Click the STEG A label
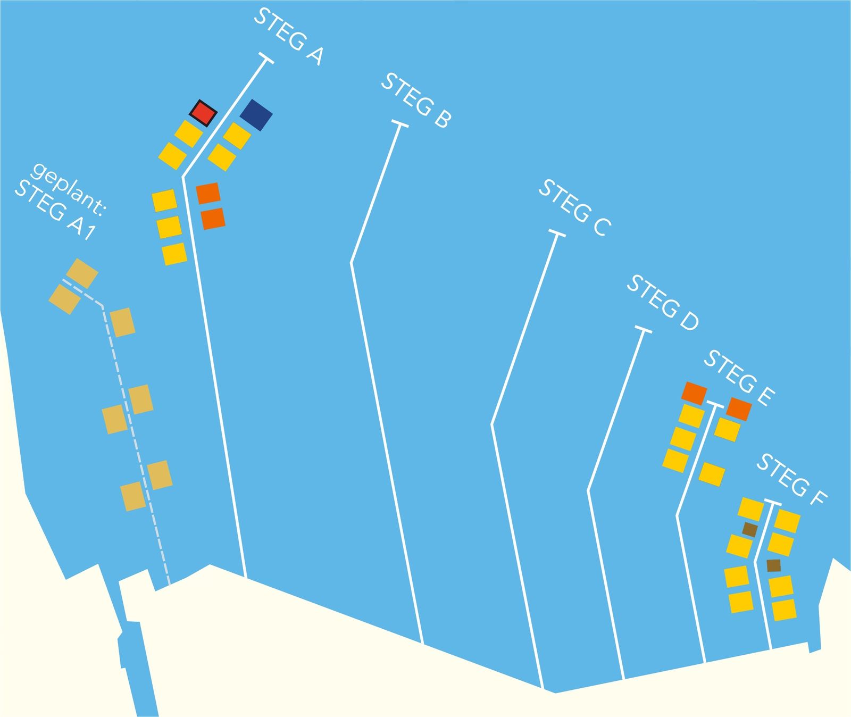pos(288,36)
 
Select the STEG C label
pos(574,208)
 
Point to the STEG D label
pos(663,303)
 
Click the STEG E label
pos(739,379)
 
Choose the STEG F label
pos(792,479)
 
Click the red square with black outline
pos(204,113)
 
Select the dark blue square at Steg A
pos(256,115)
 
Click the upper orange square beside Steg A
pos(208,193)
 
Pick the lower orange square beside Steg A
pos(213,219)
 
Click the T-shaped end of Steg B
pos(400,124)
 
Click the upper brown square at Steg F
pos(750,529)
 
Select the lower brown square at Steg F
pos(774,565)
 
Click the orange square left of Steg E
pos(694,393)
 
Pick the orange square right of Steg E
pos(739,409)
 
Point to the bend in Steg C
pos(491,424)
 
